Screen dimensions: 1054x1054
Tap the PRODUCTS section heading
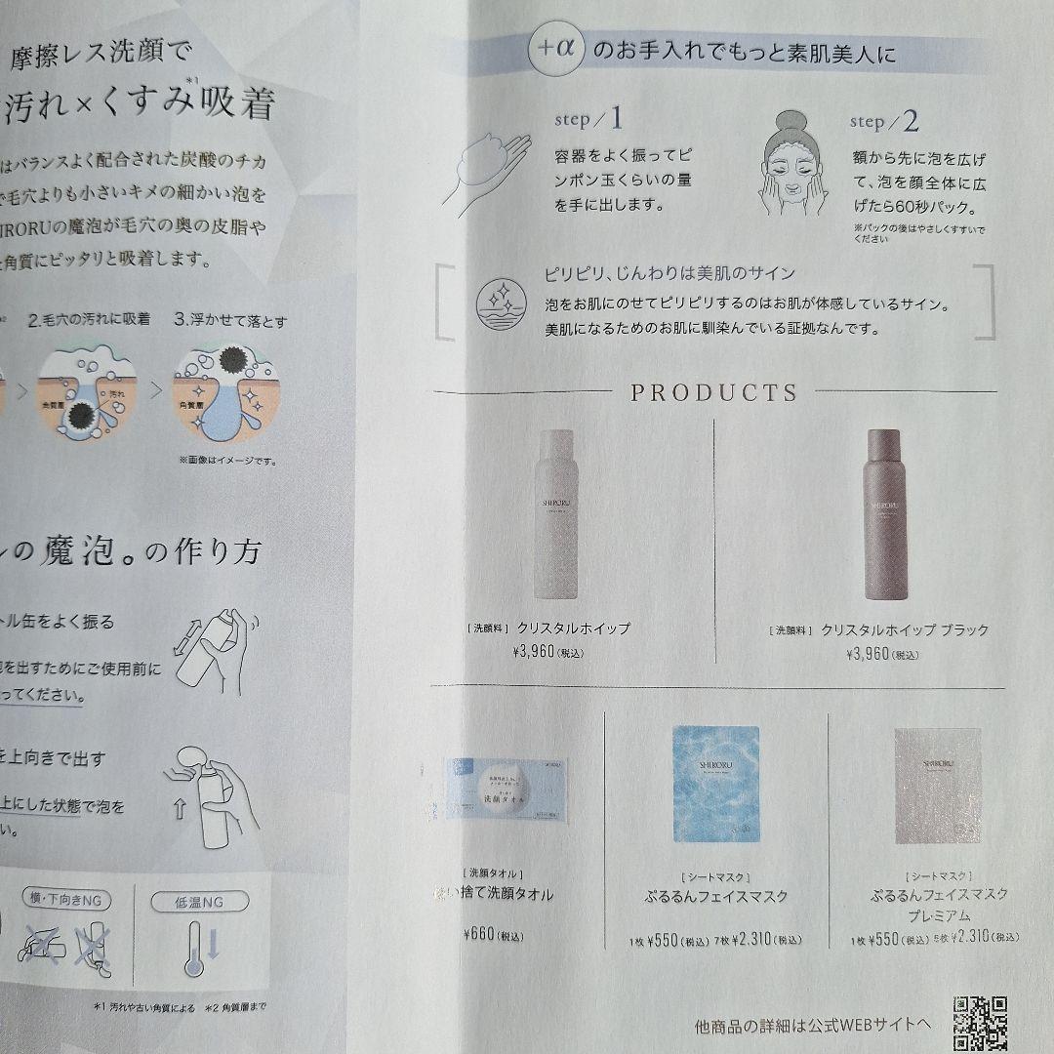click(x=713, y=393)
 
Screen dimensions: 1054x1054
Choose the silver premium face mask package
click(x=938, y=785)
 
